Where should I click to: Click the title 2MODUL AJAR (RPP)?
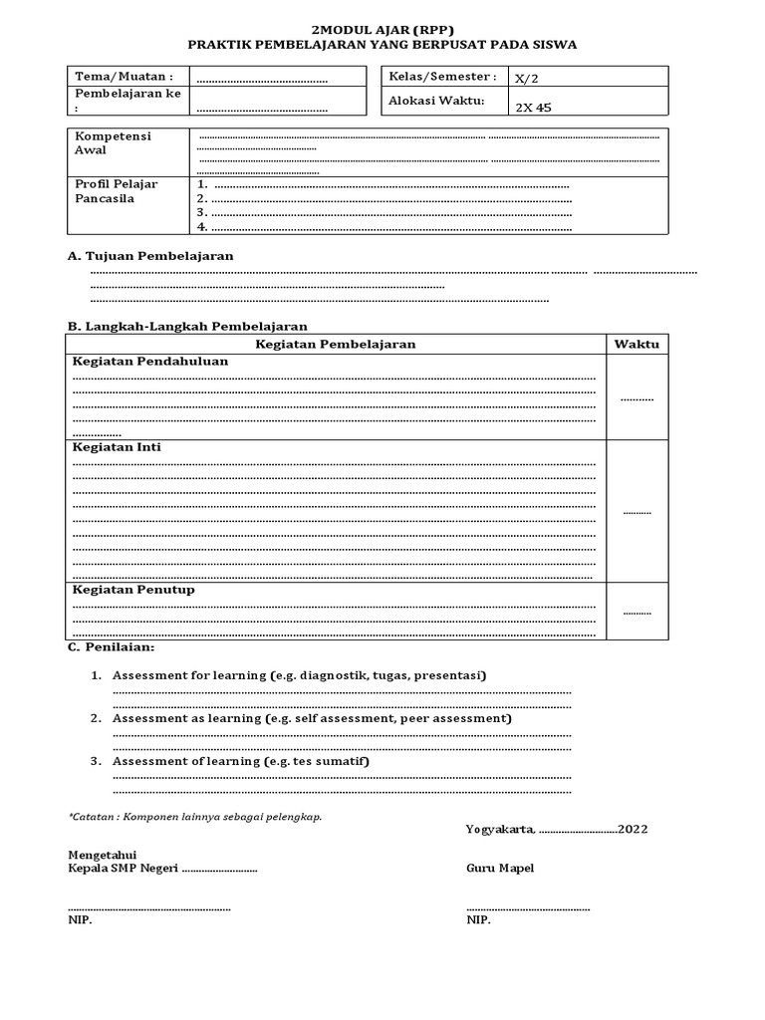click(x=382, y=30)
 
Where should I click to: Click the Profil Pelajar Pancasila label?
click(x=117, y=191)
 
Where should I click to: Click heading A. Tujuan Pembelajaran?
click(x=150, y=256)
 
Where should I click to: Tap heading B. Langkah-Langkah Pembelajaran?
click(x=187, y=326)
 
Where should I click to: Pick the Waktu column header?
click(x=637, y=344)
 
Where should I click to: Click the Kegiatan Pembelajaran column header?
click(x=336, y=344)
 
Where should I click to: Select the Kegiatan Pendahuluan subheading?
click(x=150, y=362)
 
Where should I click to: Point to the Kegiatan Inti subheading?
click(x=117, y=447)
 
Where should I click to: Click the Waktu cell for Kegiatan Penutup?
click(x=637, y=612)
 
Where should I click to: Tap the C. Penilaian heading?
click(x=111, y=647)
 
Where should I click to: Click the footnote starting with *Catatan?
click(x=194, y=816)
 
